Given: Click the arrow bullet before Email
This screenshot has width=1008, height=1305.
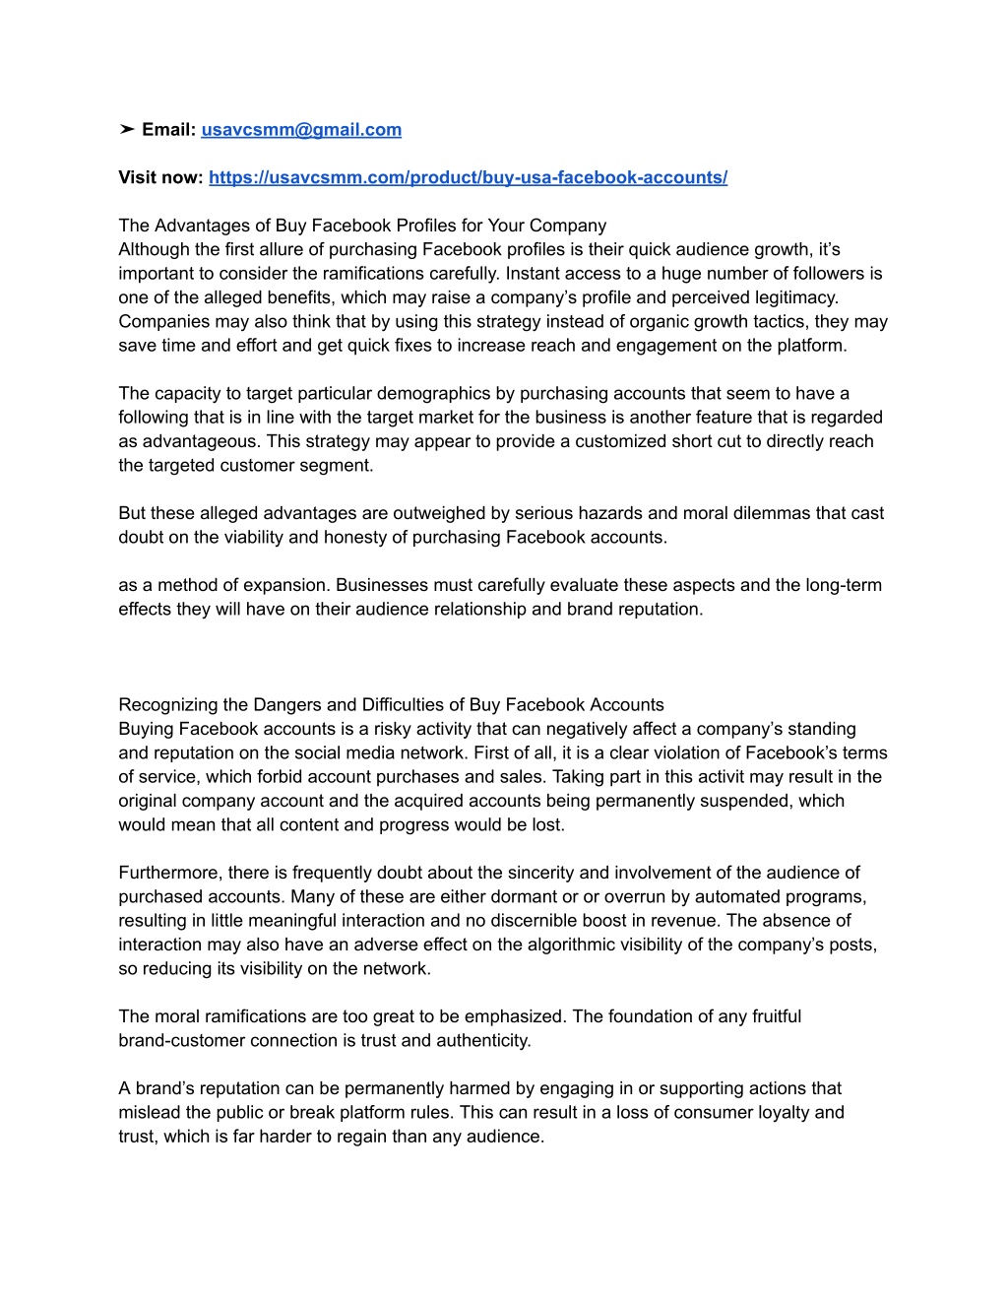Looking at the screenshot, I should coord(127,130).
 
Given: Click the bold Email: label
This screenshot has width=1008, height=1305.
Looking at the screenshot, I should coord(169,130).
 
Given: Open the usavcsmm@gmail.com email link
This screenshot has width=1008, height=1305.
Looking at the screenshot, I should coord(301,130).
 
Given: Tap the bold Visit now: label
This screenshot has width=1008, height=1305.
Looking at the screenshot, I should coord(160,177).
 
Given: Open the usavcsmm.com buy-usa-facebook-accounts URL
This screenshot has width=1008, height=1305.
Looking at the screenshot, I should coord(468,177).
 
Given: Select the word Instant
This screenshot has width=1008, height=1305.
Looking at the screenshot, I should coord(535,273).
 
